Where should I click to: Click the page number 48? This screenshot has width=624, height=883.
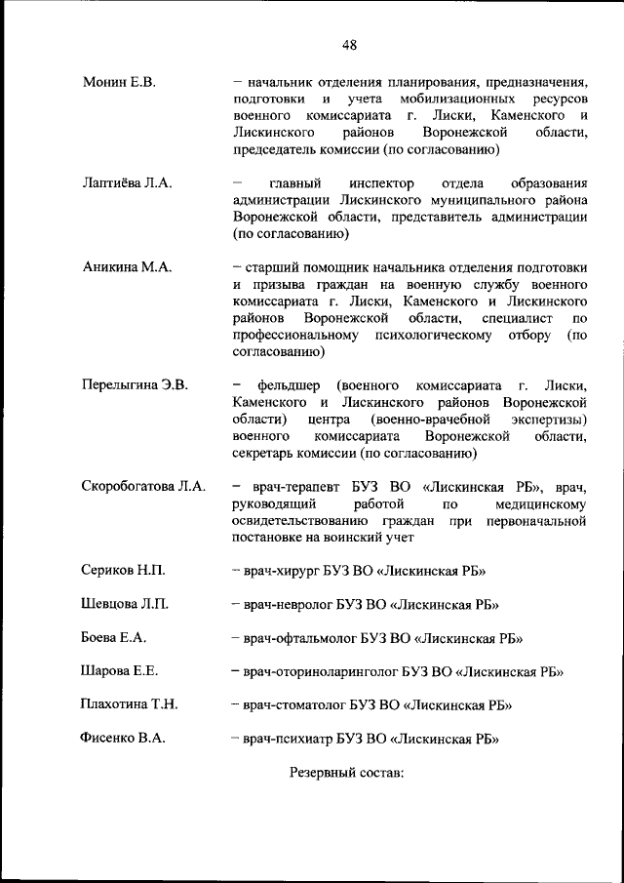point(349,44)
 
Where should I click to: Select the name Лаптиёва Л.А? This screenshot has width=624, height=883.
point(127,183)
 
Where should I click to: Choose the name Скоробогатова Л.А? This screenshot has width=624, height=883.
point(143,486)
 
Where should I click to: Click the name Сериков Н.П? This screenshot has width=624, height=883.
point(122,571)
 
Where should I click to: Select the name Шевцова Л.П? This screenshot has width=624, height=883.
point(125,604)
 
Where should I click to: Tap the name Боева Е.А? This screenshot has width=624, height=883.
point(113,637)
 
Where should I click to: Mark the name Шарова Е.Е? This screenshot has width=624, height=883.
point(120,670)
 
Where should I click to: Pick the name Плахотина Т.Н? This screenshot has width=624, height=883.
point(129,703)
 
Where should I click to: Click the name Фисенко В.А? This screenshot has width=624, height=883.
point(123,738)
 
